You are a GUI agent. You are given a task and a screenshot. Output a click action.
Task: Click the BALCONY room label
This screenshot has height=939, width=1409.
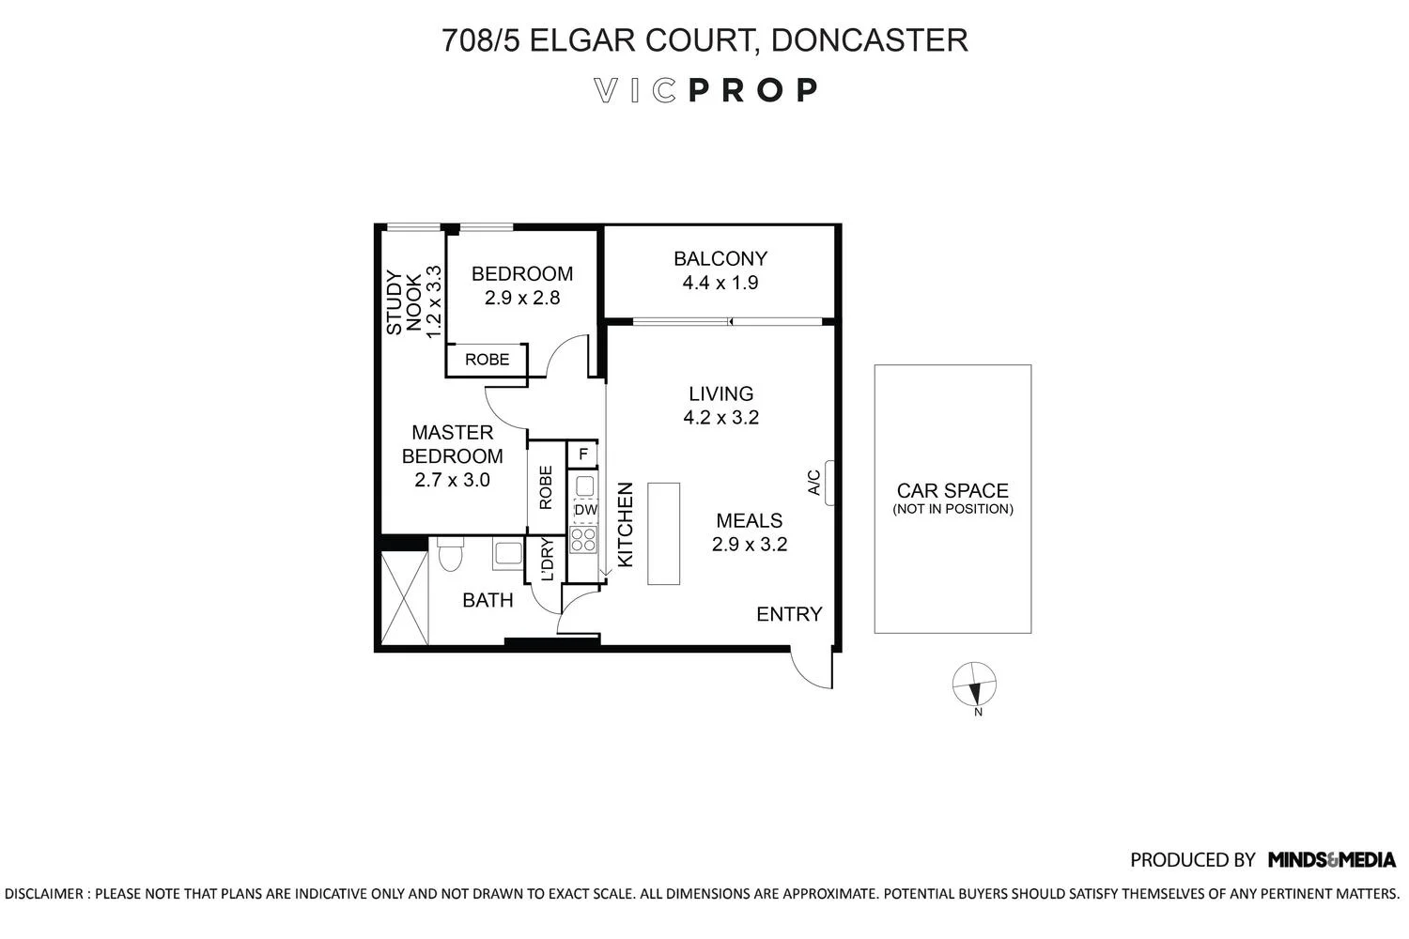pos(720,258)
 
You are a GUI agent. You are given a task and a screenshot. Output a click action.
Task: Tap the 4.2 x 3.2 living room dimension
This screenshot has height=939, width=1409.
pos(720,418)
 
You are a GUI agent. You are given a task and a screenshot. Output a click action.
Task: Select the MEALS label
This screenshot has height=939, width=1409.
pos(749,520)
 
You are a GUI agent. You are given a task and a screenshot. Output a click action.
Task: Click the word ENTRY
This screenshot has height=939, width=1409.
pos(789,614)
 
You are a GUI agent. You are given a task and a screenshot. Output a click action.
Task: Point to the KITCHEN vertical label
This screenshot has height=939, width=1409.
pos(626,524)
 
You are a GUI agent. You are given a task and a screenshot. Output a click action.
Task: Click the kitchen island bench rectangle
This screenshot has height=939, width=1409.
pos(663,534)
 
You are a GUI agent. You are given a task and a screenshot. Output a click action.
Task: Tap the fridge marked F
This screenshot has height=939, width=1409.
pos(583,454)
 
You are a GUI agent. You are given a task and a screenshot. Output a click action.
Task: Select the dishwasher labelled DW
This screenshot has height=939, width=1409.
pos(585,510)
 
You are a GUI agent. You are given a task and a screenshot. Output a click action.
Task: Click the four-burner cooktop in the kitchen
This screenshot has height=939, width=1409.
pos(583,539)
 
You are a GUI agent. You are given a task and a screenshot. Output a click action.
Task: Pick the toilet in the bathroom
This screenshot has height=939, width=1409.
pos(450,555)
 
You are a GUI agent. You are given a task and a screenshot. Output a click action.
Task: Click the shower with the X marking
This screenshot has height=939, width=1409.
pos(404,598)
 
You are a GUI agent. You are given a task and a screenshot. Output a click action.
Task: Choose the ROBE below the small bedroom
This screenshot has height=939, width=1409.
pos(487,360)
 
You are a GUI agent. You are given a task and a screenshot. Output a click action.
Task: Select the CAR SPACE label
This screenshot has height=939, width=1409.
pos(952,490)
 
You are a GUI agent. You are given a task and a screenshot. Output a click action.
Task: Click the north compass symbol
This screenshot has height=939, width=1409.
pos(975,685)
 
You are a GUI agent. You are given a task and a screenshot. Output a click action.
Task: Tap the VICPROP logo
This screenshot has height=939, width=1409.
pos(706,90)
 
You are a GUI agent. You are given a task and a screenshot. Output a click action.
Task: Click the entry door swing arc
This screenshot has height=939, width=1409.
pos(810,669)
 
